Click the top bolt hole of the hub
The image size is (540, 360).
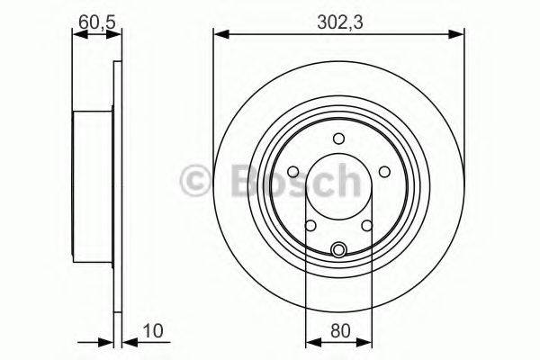click(x=338, y=138)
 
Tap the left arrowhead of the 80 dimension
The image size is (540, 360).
click(x=311, y=341)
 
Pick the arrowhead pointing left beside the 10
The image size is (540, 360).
click(x=125, y=341)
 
